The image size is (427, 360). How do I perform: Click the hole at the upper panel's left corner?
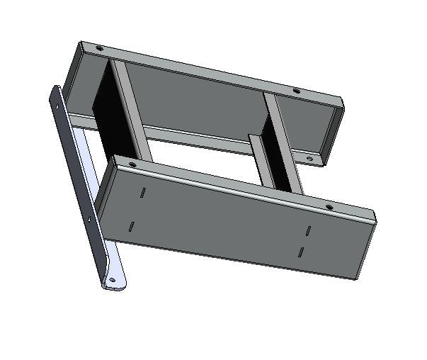(x=98, y=49)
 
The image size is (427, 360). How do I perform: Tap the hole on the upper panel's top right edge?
(x=296, y=91)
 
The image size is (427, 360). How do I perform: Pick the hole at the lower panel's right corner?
(x=329, y=206)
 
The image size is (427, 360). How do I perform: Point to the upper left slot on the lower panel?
(x=142, y=192)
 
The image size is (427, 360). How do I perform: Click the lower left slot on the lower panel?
(x=132, y=227)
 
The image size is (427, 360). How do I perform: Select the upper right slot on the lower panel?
(x=309, y=230)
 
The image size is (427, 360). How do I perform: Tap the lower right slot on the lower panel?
(x=301, y=252)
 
